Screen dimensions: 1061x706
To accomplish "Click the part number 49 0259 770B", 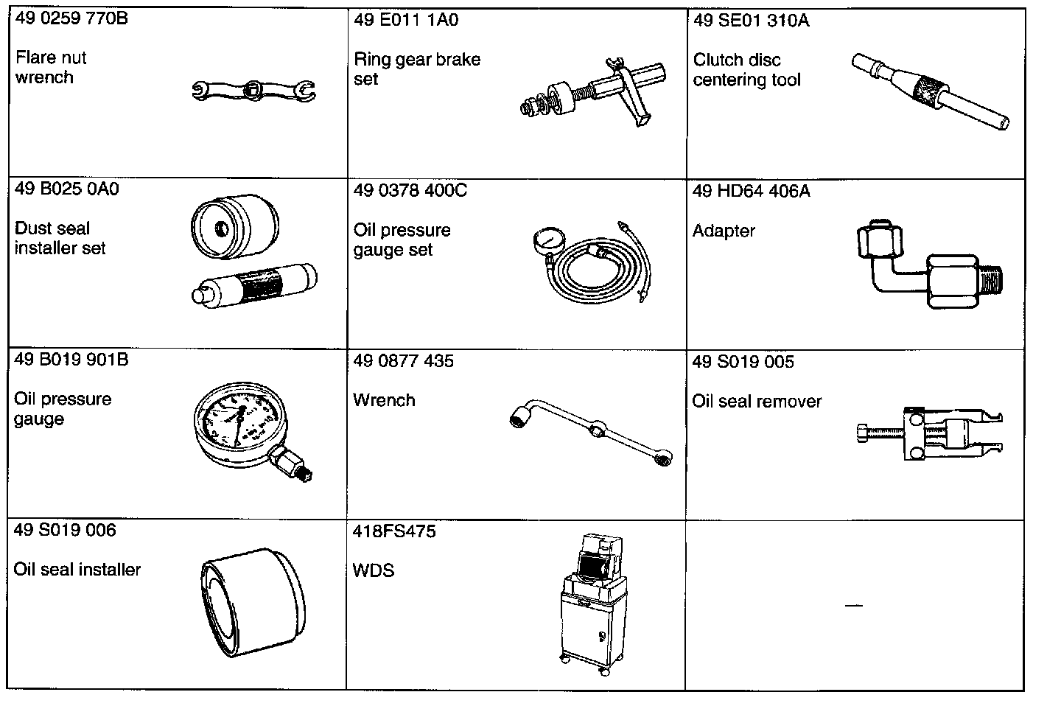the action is (71, 18).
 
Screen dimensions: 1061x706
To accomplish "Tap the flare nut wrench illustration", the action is (253, 90).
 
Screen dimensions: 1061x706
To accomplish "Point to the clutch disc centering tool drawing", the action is (930, 91).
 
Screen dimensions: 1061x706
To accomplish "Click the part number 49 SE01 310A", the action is (751, 20).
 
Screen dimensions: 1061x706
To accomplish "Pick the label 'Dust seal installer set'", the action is (60, 238).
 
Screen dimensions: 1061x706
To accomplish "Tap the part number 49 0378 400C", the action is (410, 191).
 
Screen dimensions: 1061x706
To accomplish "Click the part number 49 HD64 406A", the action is (751, 192).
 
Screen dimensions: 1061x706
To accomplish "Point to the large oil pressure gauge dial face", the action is (237, 424).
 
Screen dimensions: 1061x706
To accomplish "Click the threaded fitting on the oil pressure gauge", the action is (293, 464).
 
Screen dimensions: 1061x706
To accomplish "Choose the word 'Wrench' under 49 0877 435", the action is (384, 400).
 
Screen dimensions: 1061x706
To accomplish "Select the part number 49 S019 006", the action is (65, 530).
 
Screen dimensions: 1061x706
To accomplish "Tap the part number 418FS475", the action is (394, 531).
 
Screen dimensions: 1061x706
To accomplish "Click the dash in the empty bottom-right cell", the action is (853, 606).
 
